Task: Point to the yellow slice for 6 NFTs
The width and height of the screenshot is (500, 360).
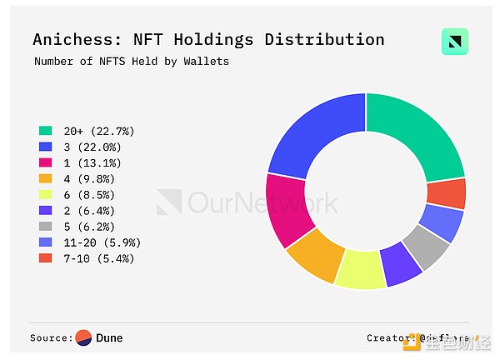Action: (360, 270)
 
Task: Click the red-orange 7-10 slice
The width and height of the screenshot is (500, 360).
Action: (446, 193)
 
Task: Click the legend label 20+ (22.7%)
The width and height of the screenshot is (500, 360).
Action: (98, 131)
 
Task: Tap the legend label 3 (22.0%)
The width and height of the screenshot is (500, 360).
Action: (95, 147)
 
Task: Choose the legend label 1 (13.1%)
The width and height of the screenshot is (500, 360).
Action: (95, 162)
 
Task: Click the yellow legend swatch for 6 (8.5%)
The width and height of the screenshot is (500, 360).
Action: (46, 195)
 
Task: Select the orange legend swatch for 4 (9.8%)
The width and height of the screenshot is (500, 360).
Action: (46, 179)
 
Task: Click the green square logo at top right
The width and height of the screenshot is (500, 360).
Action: (454, 42)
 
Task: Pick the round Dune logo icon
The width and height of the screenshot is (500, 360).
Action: (84, 337)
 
